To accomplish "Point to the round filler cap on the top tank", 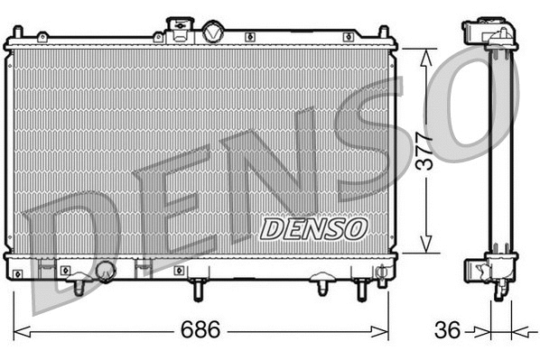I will (x=213, y=32).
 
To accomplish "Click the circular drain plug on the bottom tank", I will (x=106, y=270).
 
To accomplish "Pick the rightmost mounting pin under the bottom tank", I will (x=362, y=290).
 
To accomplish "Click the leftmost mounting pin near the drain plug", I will (x=79, y=286).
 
